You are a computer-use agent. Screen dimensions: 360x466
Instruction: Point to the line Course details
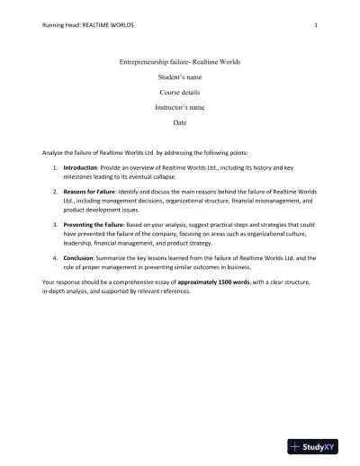[179, 93]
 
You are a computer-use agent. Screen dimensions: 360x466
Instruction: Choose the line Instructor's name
[179, 106]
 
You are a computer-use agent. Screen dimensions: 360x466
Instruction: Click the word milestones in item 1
[81, 177]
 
